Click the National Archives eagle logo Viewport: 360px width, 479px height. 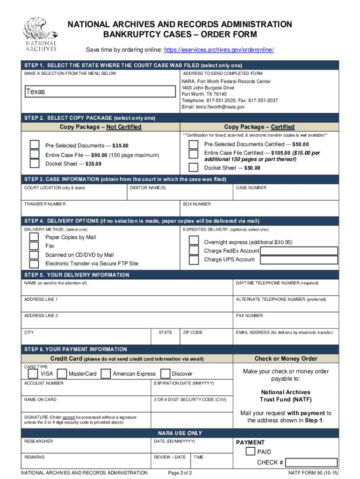coord(41,34)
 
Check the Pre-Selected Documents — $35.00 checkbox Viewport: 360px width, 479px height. coord(35,145)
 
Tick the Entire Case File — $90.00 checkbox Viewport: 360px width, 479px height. coord(35,155)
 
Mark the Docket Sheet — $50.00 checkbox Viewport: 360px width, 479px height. coord(193,167)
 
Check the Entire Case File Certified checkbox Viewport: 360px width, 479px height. coord(193,154)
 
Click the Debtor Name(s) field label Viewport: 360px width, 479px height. coord(148,188)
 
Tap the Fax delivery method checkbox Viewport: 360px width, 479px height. coord(34,246)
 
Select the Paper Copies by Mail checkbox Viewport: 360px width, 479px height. coord(34,238)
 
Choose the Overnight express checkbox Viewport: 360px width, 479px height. coord(194,241)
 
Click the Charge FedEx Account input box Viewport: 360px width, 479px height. coord(299,251)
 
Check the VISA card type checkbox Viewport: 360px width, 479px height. coord(33,374)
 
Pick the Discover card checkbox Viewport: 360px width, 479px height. coord(165,374)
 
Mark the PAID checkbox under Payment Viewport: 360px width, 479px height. coord(251,451)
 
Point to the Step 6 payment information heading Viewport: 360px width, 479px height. coord(76,349)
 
